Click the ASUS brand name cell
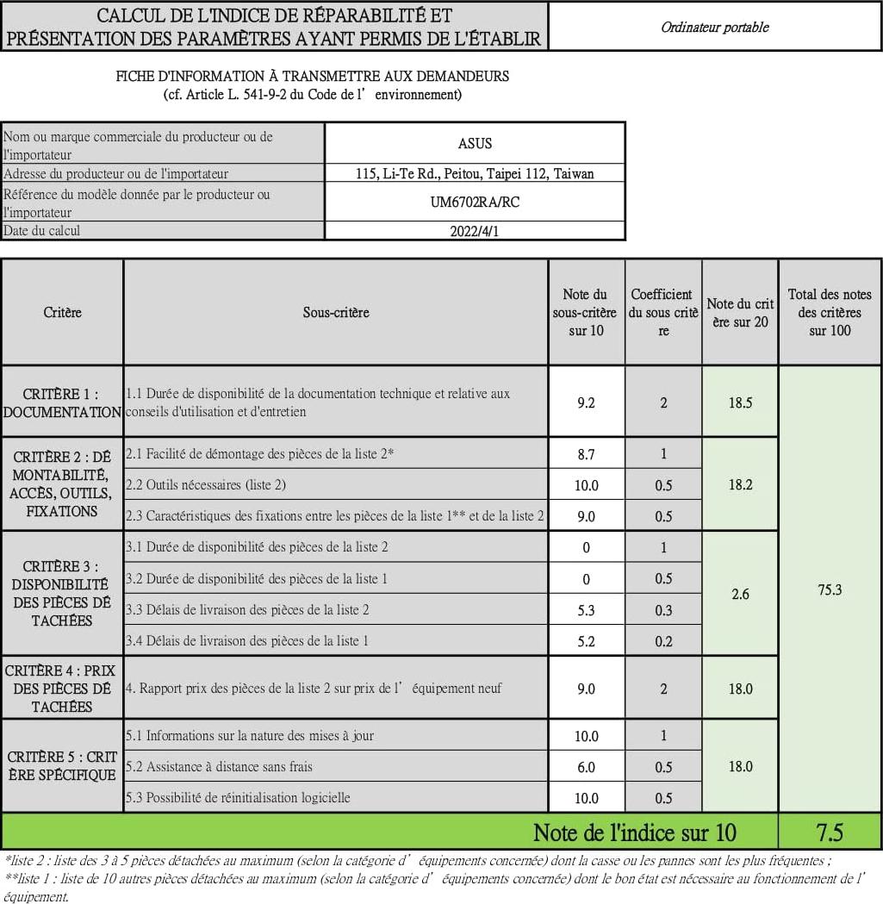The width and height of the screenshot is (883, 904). (475, 143)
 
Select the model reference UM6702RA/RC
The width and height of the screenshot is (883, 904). (475, 203)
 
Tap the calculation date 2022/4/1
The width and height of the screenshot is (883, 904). (475, 231)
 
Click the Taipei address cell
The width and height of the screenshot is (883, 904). (475, 173)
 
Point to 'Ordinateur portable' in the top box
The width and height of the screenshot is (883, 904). (714, 27)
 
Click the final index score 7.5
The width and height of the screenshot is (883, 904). (829, 832)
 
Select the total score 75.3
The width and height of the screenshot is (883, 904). (829, 589)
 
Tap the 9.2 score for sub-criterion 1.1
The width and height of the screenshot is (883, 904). (586, 402)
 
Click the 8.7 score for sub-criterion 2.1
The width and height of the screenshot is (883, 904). (586, 453)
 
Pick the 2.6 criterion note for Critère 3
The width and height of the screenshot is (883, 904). (740, 594)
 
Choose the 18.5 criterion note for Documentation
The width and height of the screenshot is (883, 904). (740, 402)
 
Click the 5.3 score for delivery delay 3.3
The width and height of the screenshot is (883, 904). (586, 610)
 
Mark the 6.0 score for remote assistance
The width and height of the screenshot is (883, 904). (586, 767)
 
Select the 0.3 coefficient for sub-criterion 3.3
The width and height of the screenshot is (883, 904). (663, 610)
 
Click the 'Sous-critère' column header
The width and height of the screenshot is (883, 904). (336, 312)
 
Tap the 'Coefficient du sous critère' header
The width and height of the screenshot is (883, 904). (663, 312)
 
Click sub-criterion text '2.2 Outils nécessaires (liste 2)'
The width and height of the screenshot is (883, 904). (205, 485)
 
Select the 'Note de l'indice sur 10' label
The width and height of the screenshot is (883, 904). (635, 832)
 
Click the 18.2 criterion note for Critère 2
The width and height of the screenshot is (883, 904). (740, 484)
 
